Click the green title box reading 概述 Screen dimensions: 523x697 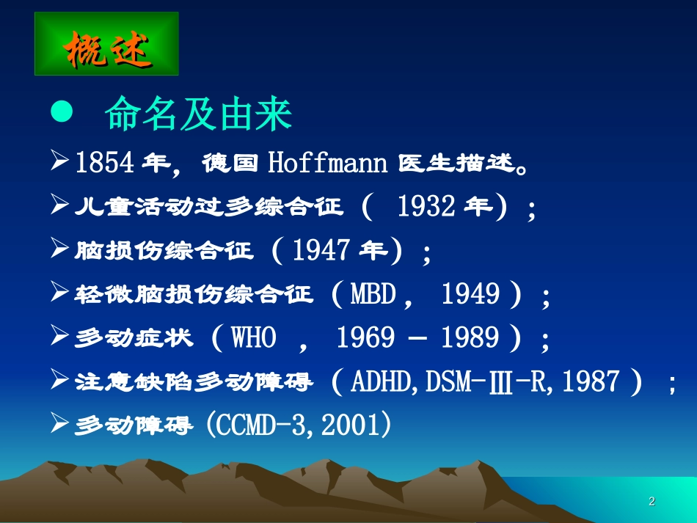(x=106, y=44)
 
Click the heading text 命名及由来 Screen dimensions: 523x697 (x=199, y=114)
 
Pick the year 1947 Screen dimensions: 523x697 (x=321, y=251)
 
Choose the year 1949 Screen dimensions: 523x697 (x=470, y=294)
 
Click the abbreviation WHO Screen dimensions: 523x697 (x=255, y=338)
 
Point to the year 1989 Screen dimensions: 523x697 (x=470, y=338)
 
